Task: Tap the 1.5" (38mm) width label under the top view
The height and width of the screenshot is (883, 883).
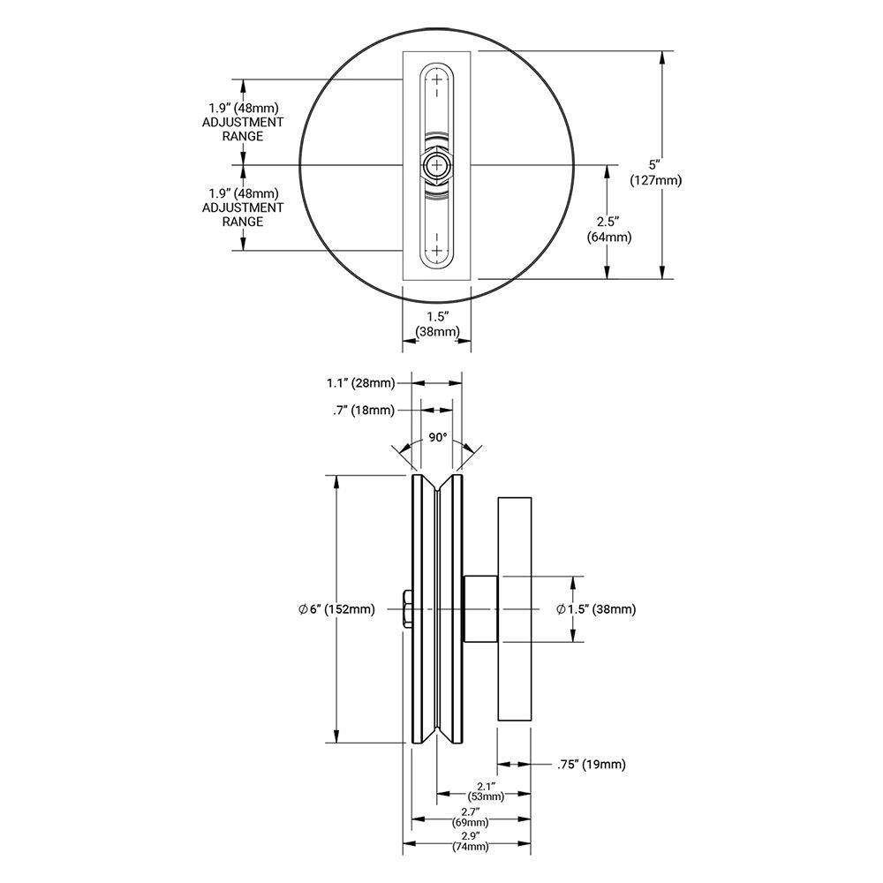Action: tap(437, 324)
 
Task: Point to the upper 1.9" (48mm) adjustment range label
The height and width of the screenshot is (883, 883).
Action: tap(243, 123)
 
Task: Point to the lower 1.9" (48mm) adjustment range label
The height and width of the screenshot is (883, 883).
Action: tap(243, 208)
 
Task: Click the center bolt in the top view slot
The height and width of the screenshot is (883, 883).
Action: tap(436, 165)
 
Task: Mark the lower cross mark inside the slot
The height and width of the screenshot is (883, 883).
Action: tap(436, 249)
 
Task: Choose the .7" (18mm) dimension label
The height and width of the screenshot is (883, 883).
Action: tap(365, 409)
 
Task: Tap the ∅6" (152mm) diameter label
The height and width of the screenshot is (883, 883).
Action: tap(337, 609)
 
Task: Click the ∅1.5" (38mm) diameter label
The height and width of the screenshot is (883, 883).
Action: tap(596, 609)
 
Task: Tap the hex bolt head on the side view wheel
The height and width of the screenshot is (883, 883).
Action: tap(404, 609)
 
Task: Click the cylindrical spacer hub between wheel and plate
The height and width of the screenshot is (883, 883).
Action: tap(480, 609)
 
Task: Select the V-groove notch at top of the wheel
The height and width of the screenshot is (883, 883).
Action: tap(437, 487)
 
